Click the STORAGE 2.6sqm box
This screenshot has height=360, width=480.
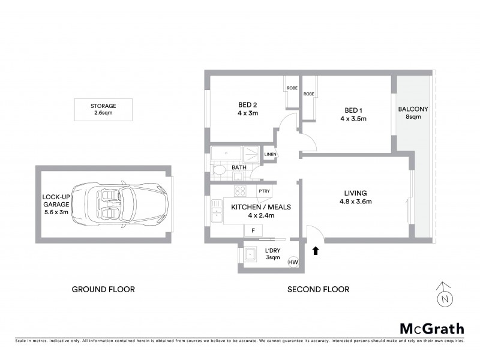[x=105, y=109]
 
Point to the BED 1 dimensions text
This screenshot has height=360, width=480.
[x=353, y=119]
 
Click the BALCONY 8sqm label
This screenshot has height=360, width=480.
[x=413, y=113]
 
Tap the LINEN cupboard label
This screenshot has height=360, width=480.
[x=270, y=155]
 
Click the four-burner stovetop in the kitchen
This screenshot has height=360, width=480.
[x=240, y=191]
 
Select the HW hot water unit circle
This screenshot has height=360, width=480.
[x=293, y=263]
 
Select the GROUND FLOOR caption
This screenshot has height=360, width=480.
[x=103, y=289]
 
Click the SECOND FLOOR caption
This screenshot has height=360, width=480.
[x=318, y=289]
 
